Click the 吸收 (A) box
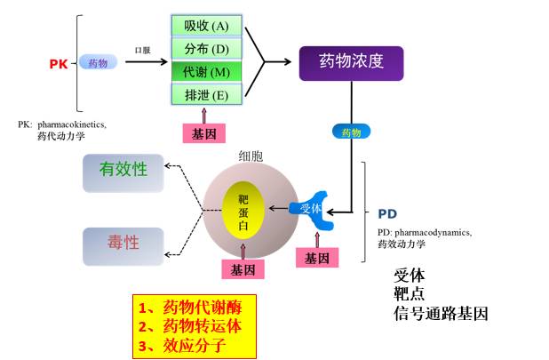tap(206, 25)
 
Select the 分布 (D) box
tap(206, 48)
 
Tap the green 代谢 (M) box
tap(206, 71)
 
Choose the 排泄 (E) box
tap(206, 93)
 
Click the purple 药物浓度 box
tap(351, 61)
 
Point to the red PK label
tap(58, 63)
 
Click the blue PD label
tap(387, 214)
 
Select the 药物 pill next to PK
tap(98, 63)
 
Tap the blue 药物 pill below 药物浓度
tap(351, 132)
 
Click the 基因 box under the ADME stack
tap(203, 133)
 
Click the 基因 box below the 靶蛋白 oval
tap(243, 268)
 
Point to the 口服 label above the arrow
tap(142, 51)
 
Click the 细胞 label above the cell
tap(251, 156)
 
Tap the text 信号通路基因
tap(442, 314)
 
